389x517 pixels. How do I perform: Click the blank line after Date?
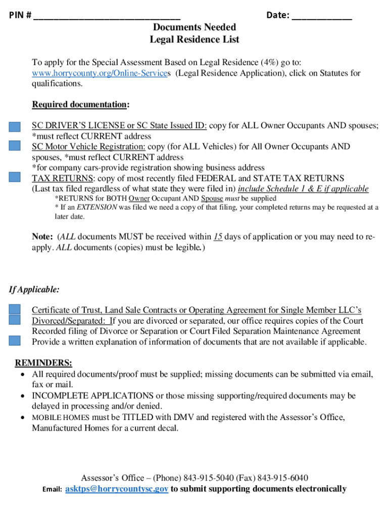pyautogui.click(x=322, y=16)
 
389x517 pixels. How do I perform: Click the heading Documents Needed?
pyautogui.click(x=194, y=27)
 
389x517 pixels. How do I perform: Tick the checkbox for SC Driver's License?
pyautogui.click(x=15, y=126)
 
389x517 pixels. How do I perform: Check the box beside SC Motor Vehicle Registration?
pyautogui.click(x=15, y=146)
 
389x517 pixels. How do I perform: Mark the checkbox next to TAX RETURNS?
pyautogui.click(x=15, y=178)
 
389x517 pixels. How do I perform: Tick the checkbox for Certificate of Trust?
pyautogui.click(x=15, y=309)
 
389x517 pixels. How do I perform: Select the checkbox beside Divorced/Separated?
pyautogui.click(x=15, y=320)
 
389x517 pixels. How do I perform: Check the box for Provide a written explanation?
pyautogui.click(x=15, y=341)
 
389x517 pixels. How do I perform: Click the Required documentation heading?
pyautogui.click(x=80, y=105)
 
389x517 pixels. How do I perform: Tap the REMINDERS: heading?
pyautogui.click(x=43, y=363)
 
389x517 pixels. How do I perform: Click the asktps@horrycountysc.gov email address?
pyautogui.click(x=117, y=489)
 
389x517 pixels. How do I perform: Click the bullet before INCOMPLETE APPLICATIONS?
pyautogui.click(x=23, y=396)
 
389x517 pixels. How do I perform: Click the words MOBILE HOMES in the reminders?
pyautogui.click(x=61, y=418)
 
